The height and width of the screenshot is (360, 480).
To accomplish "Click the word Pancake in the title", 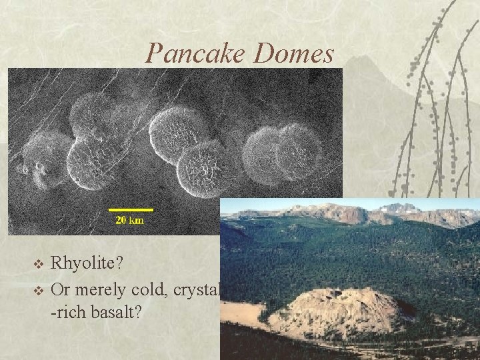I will click(195, 53).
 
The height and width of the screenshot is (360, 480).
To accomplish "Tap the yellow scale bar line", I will click(132, 210).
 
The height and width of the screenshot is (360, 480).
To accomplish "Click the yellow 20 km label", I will click(129, 220).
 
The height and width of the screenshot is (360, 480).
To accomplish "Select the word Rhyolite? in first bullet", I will click(87, 263).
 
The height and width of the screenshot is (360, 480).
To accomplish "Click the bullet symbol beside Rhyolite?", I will click(38, 263).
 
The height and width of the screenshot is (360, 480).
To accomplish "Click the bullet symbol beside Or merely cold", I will click(38, 290).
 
